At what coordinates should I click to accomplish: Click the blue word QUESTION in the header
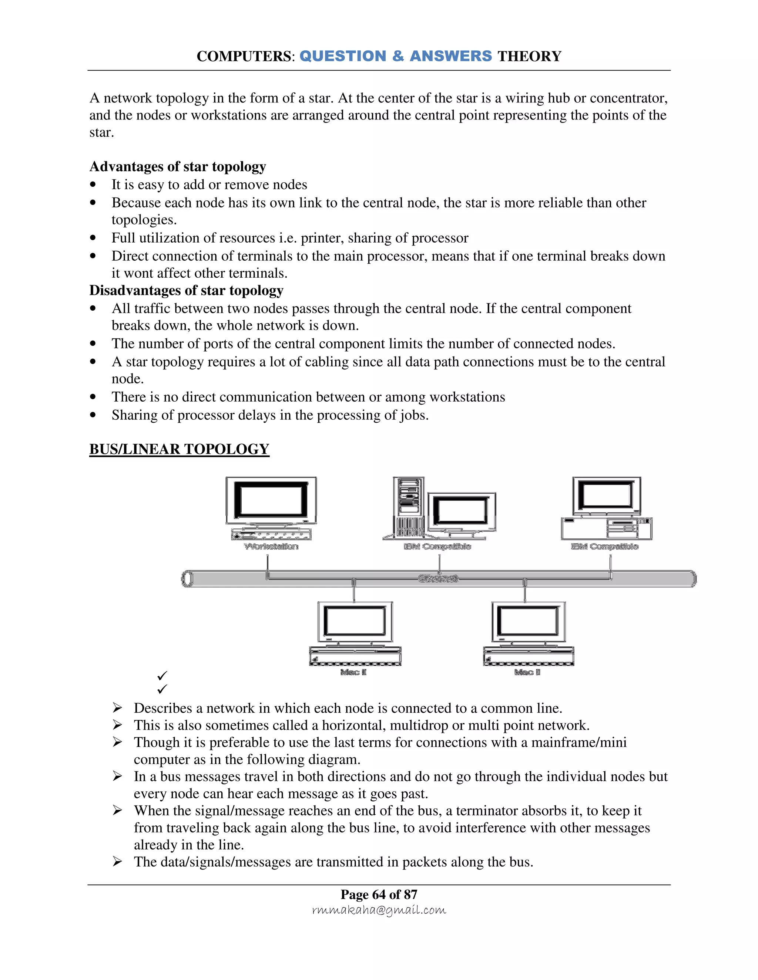[343, 56]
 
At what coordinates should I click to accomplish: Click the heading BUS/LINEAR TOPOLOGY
[179, 449]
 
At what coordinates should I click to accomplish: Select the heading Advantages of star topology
[177, 166]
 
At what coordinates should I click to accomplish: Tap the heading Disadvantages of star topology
[186, 290]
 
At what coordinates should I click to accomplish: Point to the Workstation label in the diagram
[271, 546]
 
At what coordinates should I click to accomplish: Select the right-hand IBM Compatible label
[604, 546]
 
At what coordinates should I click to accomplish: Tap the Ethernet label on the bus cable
[438, 578]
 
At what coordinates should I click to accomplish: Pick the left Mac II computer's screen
[355, 621]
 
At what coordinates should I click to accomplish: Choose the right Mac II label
[527, 672]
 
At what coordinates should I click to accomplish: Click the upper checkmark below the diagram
[162, 675]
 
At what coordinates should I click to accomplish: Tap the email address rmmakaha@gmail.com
[379, 910]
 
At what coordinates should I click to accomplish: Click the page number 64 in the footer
[379, 894]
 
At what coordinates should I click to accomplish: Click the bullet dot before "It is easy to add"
[93, 185]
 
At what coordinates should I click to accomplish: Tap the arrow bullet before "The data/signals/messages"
[117, 862]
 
